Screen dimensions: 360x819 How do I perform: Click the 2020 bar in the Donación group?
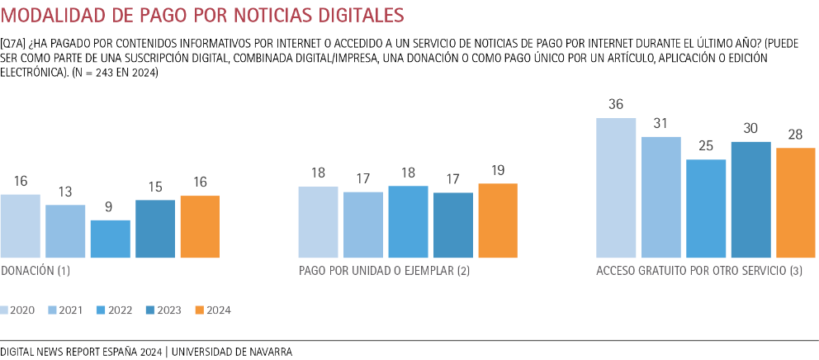tap(20, 225)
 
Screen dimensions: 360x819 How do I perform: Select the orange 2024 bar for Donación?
tap(200, 226)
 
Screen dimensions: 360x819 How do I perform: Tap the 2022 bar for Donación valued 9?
tap(110, 239)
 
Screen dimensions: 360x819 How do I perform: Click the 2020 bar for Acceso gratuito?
tap(616, 187)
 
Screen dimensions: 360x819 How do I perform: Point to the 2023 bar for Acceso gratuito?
tap(750, 199)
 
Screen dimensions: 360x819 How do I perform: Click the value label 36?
tap(616, 105)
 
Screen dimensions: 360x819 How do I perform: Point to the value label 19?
tap(498, 171)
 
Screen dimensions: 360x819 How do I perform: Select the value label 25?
tap(706, 146)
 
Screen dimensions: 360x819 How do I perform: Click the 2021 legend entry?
tap(64, 310)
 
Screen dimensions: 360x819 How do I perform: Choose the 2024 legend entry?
tap(213, 310)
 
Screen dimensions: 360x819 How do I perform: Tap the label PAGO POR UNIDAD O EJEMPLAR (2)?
tap(384, 271)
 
